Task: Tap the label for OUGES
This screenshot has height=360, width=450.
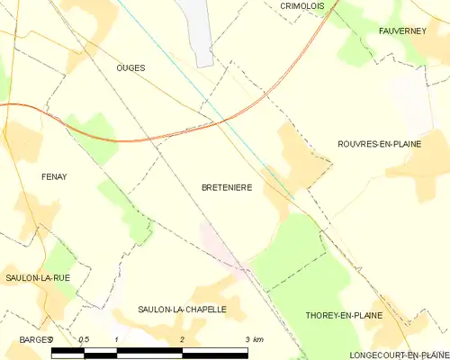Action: click(130, 67)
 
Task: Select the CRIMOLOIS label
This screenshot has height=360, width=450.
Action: click(301, 5)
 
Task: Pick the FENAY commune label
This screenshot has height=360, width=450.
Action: click(54, 176)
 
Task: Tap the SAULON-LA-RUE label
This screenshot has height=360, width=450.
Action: click(37, 278)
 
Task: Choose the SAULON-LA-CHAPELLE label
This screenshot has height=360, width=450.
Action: click(182, 309)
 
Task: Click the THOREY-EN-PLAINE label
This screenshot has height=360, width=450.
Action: click(344, 316)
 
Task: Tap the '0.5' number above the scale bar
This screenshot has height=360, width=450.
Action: click(84, 339)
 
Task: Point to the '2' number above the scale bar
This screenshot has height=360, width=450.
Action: click(183, 339)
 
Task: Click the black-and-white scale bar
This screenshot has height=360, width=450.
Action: click(149, 352)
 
